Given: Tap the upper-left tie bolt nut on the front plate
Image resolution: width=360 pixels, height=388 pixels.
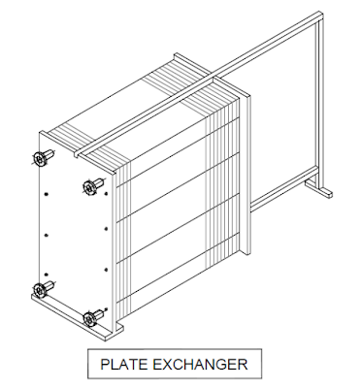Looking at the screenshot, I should [41, 158].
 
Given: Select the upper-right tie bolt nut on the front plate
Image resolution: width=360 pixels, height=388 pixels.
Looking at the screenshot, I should [91, 184].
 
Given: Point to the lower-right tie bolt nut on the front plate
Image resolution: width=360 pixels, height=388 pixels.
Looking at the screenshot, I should [91, 316].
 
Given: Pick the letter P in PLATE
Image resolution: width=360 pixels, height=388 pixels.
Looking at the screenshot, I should [106, 366].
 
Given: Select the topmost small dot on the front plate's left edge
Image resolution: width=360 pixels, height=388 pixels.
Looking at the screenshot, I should [47, 193].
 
